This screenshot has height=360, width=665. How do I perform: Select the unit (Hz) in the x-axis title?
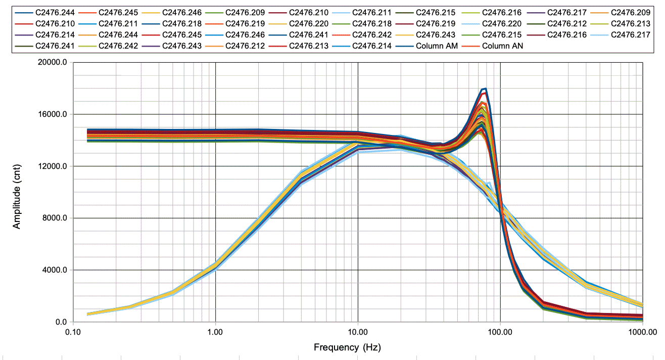tap(371, 347)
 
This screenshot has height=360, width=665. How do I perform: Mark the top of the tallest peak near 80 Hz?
tap(485, 89)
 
